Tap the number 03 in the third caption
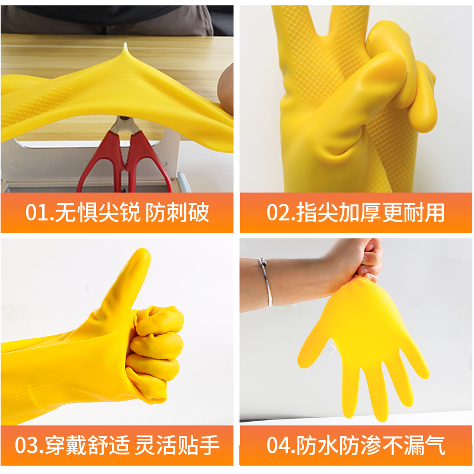(28, 444)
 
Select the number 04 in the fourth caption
(278, 444)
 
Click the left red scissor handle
(95, 166)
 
